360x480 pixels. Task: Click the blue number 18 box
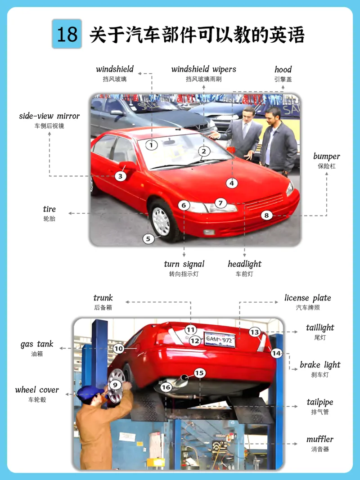pos(67,34)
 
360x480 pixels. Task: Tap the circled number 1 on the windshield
pos(151,145)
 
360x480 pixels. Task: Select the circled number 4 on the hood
pos(232,183)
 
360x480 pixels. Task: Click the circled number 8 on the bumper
pos(267,215)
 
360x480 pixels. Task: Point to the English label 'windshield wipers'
pos(203,69)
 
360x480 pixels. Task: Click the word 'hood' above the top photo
pos(283,69)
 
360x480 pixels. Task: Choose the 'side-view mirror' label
pos(49,116)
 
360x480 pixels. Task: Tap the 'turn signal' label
pos(184,264)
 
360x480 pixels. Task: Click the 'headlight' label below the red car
pos(245,264)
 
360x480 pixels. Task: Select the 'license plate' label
pos(308,298)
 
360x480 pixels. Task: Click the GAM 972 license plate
pos(220,340)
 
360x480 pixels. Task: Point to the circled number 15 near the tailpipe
pos(199,373)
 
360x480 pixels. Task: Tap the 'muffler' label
pos(320,439)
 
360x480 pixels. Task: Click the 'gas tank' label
pos(37,344)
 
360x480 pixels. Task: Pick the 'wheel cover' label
pos(37,390)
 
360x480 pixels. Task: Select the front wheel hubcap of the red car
pos(161,221)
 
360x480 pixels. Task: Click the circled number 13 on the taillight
pos(255,332)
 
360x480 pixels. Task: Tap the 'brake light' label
pos(320,365)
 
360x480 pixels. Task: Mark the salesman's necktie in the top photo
pos(245,130)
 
